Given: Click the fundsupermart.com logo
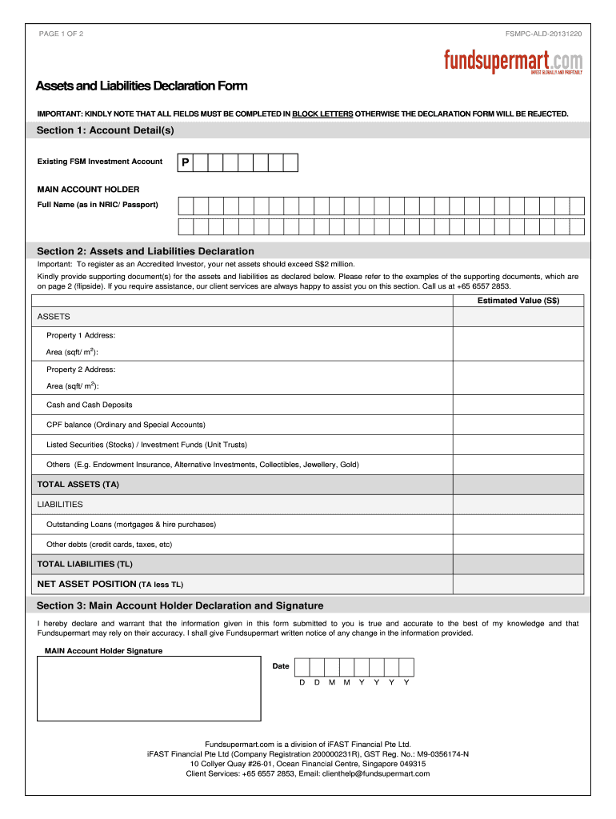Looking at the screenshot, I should pyautogui.click(x=513, y=62).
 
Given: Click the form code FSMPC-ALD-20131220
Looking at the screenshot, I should pyautogui.click(x=543, y=34).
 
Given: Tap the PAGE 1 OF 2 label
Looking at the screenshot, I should pyautogui.click(x=61, y=34).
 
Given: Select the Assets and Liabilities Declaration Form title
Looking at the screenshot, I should pyautogui.click(x=141, y=86).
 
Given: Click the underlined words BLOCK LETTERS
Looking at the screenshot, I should pyautogui.click(x=322, y=114).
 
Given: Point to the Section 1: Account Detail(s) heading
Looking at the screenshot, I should pyautogui.click(x=105, y=130).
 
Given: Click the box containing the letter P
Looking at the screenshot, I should pyautogui.click(x=185, y=163).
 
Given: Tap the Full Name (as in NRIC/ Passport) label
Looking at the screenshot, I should pyautogui.click(x=98, y=205).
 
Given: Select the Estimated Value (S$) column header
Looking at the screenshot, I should pyautogui.click(x=518, y=301).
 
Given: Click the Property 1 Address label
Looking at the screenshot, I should pyautogui.click(x=81, y=335).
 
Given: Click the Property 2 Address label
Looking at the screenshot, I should pyautogui.click(x=81, y=370).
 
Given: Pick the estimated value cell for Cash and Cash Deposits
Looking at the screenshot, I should pyautogui.click(x=518, y=405).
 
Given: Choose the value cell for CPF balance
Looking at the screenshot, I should pyautogui.click(x=518, y=425).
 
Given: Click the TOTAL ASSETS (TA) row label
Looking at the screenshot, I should pyautogui.click(x=78, y=485).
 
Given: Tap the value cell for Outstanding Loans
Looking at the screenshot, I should pyautogui.click(x=518, y=525).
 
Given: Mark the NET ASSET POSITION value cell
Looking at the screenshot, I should pyautogui.click(x=518, y=584).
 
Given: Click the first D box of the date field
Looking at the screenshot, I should pyautogui.click(x=302, y=667).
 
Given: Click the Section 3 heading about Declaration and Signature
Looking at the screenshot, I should pyautogui.click(x=180, y=605).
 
